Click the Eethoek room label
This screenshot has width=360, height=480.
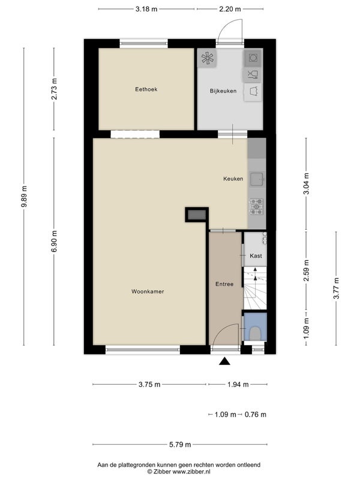pos(146,89)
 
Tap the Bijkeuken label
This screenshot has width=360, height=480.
pos(223,91)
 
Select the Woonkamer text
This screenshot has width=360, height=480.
pos(148,292)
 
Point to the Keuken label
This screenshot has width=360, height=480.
pos(233,179)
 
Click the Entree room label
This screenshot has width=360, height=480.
pos(224,284)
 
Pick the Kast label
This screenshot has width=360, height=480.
pos(256,256)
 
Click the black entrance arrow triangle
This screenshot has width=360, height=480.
pos(224,361)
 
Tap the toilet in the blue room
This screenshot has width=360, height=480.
pos(255,334)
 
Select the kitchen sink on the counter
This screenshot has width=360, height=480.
pos(257,179)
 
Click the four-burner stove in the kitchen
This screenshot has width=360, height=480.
pos(257,206)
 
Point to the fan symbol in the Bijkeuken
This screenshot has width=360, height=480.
pos(207,58)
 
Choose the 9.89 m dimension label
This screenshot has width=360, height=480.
pos(24,196)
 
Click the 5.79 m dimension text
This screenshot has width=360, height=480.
pos(180,445)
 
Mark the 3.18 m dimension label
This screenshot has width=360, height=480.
pos(146,9)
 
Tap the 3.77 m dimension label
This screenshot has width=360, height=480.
pos(336,288)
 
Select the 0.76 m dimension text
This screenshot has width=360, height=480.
pos(256,415)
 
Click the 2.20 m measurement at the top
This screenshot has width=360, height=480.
pos(230,9)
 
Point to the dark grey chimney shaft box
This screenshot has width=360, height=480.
pos(197,215)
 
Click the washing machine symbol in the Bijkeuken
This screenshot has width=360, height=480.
pos(253,58)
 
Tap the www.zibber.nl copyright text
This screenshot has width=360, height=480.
pos(179,472)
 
